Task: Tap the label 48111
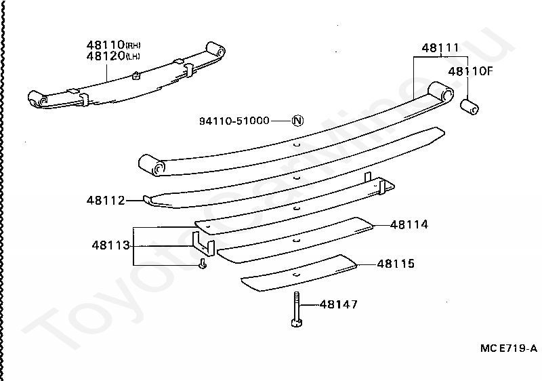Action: point(440,48)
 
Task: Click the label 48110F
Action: point(469,70)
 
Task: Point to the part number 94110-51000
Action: point(234,121)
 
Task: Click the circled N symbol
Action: point(297,121)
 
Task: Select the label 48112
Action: point(105,200)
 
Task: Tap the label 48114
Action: point(409,224)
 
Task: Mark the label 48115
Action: point(396,264)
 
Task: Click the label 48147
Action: point(338,305)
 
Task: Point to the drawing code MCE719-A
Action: point(508,348)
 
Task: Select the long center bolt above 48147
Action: point(297,309)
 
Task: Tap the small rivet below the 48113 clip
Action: point(203,264)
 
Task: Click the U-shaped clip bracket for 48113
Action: point(202,244)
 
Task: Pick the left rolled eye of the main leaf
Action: point(152,165)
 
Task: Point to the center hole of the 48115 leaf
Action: point(297,273)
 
